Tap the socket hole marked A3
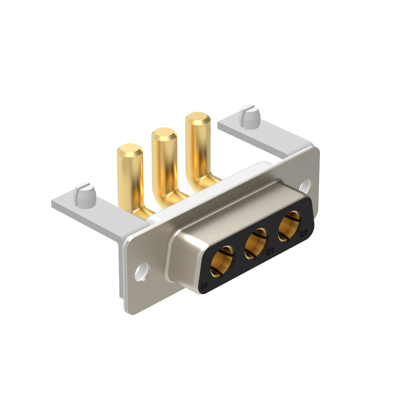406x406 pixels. point(289,224)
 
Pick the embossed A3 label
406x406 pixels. point(303,233)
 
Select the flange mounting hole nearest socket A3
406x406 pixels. point(306,185)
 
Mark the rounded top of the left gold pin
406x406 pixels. point(130,149)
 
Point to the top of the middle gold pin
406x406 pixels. point(164,134)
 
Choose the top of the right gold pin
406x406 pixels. point(198,118)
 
